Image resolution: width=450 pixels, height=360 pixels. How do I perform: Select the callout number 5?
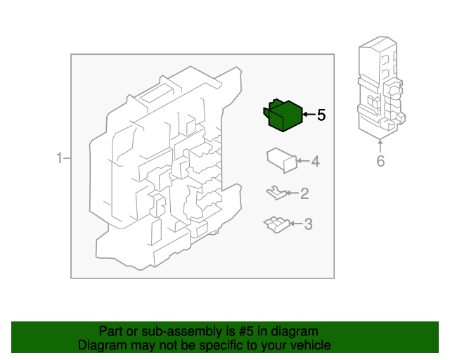point(321,115)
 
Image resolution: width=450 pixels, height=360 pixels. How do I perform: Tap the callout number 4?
point(315,162)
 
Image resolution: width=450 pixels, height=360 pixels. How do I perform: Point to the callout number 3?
point(307,224)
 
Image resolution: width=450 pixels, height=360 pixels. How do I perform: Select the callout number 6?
point(380,161)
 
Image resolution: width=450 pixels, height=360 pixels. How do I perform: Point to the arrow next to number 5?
point(308,115)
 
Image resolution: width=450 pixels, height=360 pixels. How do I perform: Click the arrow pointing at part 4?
point(302,162)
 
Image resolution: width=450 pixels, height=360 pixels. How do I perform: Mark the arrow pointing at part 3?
point(295,224)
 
